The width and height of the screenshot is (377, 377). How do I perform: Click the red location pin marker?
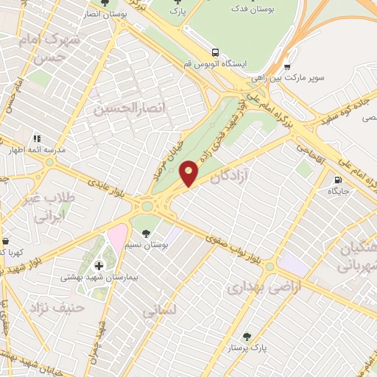189,172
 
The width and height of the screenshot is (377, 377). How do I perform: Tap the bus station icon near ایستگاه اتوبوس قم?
215,52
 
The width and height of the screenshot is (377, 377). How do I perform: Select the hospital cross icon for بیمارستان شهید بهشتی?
99,265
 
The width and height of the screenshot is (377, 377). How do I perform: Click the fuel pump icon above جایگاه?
338,179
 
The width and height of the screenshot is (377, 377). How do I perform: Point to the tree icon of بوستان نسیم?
147,233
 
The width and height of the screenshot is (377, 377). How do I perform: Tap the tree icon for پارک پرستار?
247,337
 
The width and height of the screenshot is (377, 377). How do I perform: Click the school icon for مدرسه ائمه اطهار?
36,138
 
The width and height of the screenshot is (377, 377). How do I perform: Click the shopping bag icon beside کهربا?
4,241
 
